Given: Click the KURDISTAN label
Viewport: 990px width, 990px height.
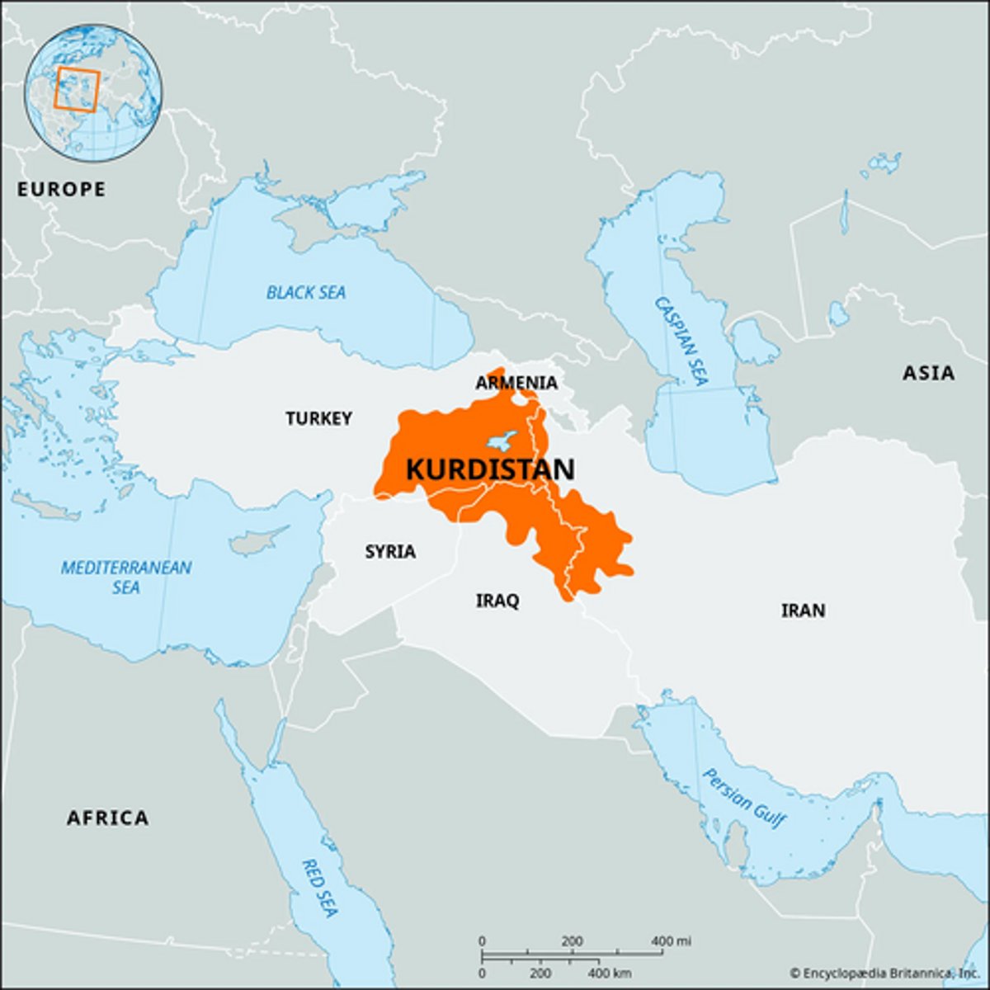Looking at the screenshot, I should pyautogui.click(x=490, y=469).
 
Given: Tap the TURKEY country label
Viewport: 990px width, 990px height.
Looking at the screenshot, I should pyautogui.click(x=319, y=418).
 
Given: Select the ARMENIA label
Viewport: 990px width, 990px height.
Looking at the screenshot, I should pyautogui.click(x=516, y=383).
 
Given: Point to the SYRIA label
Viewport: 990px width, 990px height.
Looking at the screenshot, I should pyautogui.click(x=390, y=551).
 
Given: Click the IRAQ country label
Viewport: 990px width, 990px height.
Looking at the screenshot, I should pyautogui.click(x=497, y=601).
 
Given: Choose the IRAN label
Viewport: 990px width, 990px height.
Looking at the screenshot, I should pyautogui.click(x=803, y=610).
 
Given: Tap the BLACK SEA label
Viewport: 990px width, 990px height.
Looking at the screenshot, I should pyautogui.click(x=306, y=292).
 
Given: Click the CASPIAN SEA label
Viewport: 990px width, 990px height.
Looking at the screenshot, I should pyautogui.click(x=681, y=341).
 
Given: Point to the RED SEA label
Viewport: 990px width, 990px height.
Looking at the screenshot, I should pyautogui.click(x=319, y=888).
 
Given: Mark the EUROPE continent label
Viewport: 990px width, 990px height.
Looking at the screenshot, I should pyautogui.click(x=62, y=189).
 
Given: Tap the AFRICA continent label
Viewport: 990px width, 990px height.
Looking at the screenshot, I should pyautogui.click(x=107, y=818).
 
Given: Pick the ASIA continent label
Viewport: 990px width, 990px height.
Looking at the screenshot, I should pyautogui.click(x=928, y=373).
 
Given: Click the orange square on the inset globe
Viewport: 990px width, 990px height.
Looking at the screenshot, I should pyautogui.click(x=77, y=90).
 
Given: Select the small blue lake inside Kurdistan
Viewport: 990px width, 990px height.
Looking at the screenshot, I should pyautogui.click(x=502, y=439).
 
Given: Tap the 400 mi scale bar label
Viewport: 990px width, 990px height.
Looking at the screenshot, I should pyautogui.click(x=672, y=941).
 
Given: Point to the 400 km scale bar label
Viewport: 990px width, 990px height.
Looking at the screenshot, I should pyautogui.click(x=612, y=973).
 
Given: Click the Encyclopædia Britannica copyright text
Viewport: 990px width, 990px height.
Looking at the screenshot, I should pyautogui.click(x=886, y=973).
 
